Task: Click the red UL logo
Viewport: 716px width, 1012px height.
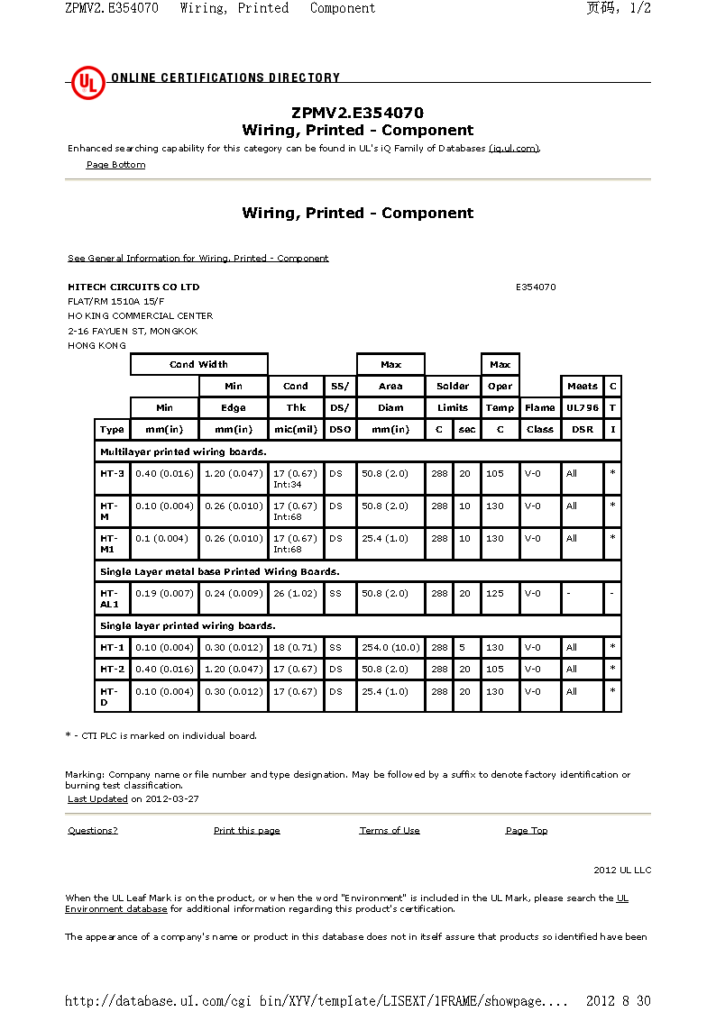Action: coord(88,84)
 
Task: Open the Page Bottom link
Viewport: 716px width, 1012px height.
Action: coord(115,165)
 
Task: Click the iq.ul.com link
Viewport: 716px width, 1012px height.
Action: coord(514,149)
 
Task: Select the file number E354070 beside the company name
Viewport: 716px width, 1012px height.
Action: coord(536,287)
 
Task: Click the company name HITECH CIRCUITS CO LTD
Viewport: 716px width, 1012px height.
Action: coord(133,287)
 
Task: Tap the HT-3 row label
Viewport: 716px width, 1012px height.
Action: coord(113,473)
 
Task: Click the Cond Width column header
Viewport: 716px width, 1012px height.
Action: coord(199,365)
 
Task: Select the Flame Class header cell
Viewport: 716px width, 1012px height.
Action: coord(539,418)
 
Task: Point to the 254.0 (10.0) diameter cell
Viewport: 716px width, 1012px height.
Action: coord(390,648)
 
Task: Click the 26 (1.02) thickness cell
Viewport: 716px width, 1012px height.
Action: coord(296,594)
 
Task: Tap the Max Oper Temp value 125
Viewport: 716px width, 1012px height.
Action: coord(495,594)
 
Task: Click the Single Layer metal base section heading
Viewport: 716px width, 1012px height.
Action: coord(220,571)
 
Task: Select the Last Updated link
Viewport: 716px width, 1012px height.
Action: coord(97,799)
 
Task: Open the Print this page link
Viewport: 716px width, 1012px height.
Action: coord(246,831)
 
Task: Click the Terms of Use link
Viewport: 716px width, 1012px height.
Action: coord(390,831)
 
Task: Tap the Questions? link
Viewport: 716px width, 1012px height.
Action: coord(93,831)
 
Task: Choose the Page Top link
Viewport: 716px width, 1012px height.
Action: coord(527,831)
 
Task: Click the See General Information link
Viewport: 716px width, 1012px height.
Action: coord(198,259)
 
